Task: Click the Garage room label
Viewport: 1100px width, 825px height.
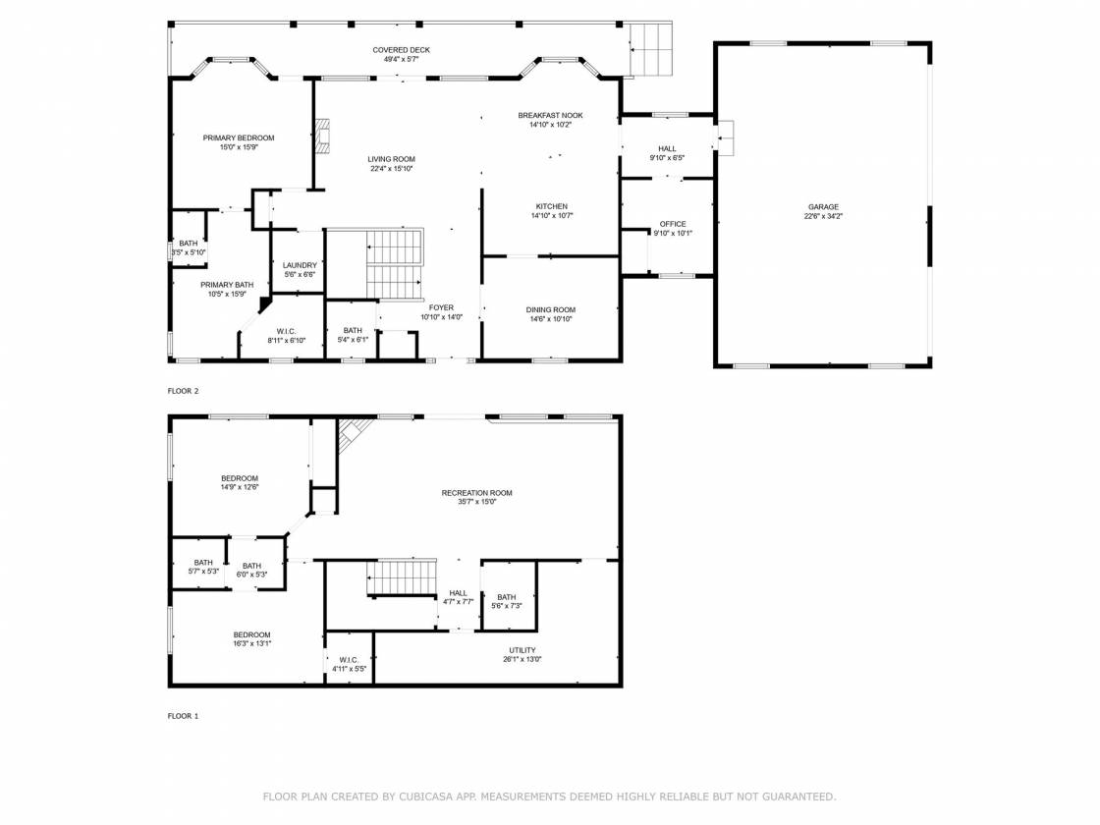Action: [823, 207]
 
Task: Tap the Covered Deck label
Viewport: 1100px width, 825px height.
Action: [402, 50]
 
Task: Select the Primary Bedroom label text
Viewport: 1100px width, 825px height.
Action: [239, 138]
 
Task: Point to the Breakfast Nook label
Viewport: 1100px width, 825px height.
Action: [551, 116]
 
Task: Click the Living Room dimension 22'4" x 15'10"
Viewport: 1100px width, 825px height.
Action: [392, 168]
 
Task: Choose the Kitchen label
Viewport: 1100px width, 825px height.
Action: [551, 206]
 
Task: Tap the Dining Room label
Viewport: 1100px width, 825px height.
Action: [551, 310]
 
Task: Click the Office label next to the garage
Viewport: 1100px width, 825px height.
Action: [673, 225]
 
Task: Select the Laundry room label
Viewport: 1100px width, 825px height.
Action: [300, 265]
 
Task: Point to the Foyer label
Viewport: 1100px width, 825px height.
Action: [441, 308]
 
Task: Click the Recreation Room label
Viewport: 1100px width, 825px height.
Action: [477, 493]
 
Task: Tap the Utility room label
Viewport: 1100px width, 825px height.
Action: [522, 650]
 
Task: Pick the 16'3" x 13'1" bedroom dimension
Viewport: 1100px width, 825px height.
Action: [251, 643]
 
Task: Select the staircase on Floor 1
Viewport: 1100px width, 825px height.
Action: [402, 577]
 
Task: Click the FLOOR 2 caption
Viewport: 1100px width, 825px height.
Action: [183, 391]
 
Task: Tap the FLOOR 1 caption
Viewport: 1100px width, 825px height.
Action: [183, 716]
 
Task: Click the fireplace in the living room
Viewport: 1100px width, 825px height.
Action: [322, 137]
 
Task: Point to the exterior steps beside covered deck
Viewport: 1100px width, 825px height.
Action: [650, 48]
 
